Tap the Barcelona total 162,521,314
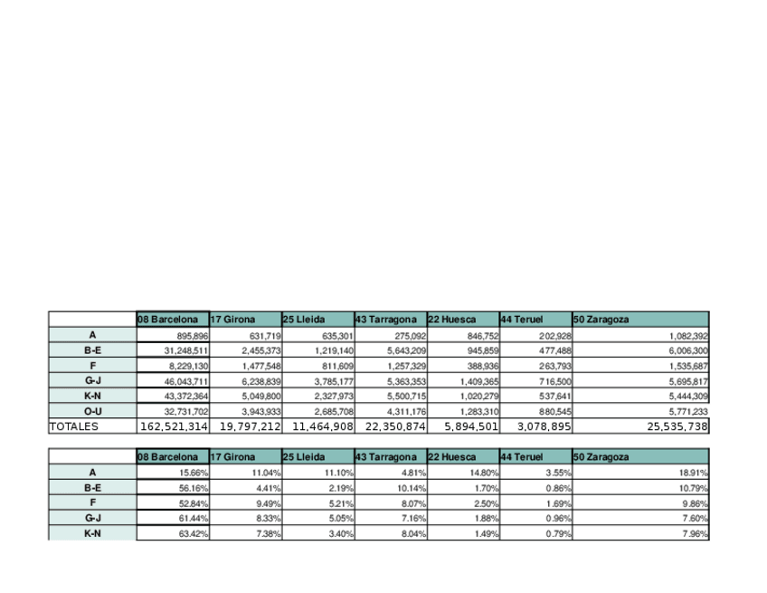[174, 426]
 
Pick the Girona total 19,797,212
[245, 426]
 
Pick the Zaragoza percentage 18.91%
[694, 473]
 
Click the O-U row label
[92, 412]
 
